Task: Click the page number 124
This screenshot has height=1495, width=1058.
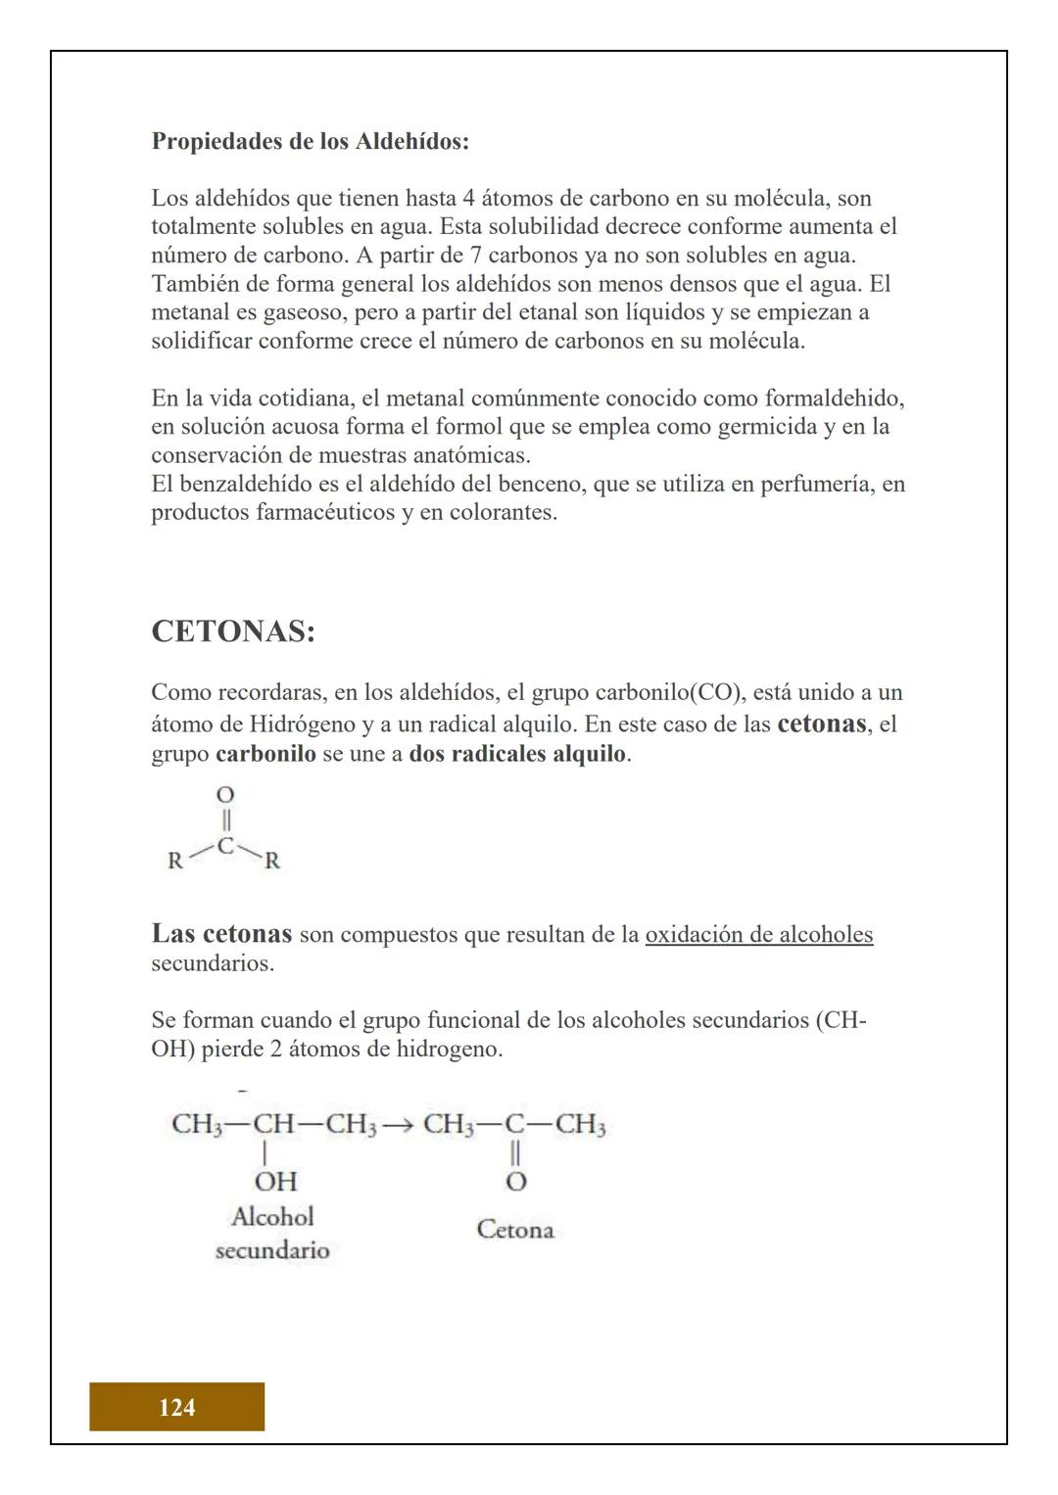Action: [176, 1407]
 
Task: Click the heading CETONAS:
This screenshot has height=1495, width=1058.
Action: [233, 631]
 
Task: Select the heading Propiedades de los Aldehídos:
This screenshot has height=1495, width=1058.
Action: [310, 141]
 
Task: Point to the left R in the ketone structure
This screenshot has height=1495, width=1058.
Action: [175, 862]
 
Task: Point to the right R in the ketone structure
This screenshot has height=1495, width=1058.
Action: [272, 862]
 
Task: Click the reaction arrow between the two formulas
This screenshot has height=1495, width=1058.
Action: [399, 1125]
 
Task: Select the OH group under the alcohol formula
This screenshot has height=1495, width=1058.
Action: [275, 1181]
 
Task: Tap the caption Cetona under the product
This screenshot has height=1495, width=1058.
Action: [515, 1230]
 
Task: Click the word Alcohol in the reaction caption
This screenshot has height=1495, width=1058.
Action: [272, 1217]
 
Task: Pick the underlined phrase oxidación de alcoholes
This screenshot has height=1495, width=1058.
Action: [758, 934]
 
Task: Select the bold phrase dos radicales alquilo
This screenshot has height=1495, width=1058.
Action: [517, 754]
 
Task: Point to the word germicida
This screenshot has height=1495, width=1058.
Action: [769, 427]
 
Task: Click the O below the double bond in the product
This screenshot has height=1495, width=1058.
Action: [515, 1182]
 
